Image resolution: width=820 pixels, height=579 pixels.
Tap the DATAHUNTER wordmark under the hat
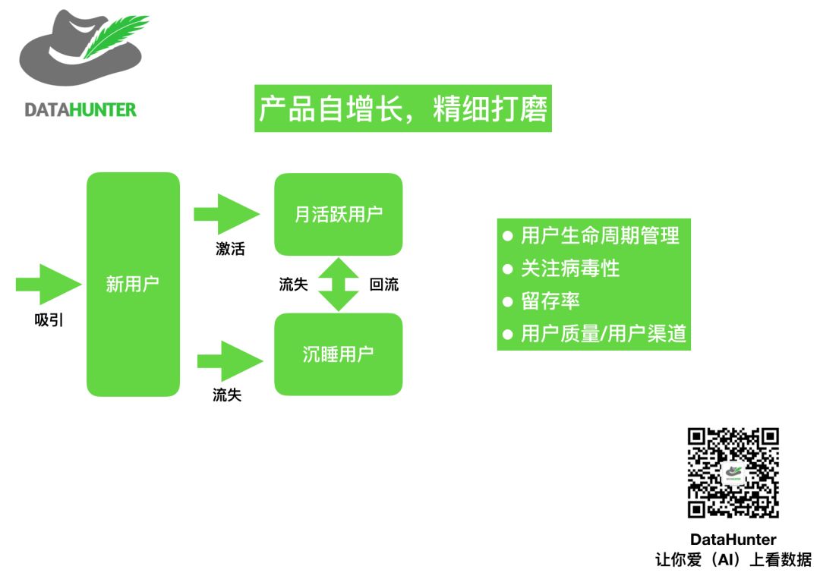point(80,110)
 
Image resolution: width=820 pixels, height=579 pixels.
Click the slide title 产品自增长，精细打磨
point(402,109)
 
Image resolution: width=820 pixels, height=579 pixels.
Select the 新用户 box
point(133,285)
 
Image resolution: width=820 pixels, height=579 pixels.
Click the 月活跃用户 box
point(338,214)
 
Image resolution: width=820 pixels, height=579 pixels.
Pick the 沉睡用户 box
point(338,354)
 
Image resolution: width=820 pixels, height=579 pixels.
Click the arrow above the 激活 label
point(227,214)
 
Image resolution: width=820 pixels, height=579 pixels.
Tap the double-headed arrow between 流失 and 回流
point(338,285)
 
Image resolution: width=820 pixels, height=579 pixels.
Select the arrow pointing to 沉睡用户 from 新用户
point(229,360)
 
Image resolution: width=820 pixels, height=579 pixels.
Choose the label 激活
point(230,248)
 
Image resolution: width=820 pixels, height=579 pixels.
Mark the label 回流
point(383,285)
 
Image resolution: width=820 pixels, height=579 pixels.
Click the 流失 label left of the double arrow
point(294,285)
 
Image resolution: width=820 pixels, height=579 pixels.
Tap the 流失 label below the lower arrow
point(227,395)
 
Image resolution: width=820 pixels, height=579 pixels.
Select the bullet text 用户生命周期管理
point(600,235)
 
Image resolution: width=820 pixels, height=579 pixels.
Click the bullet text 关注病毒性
point(570,268)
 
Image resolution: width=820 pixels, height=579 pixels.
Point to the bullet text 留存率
point(550,301)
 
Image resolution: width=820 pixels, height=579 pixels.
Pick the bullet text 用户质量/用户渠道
point(604,334)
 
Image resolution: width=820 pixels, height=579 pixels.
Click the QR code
point(733,473)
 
